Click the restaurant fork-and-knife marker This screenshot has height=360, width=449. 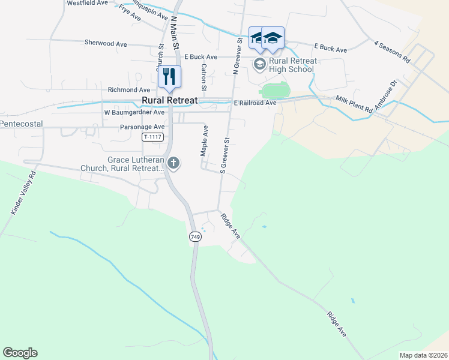click(x=169, y=76)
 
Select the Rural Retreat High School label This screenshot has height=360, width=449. click(x=292, y=65)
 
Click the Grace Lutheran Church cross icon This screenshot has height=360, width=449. click(x=173, y=163)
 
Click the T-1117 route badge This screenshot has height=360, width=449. click(x=152, y=137)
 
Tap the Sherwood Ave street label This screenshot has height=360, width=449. click(x=106, y=43)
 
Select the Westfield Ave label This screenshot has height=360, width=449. click(x=87, y=3)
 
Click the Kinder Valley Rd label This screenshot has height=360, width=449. click(x=24, y=193)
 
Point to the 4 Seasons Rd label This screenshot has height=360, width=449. click(x=391, y=52)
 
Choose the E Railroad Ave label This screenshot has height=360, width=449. click(x=255, y=103)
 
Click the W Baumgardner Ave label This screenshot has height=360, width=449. click(x=134, y=112)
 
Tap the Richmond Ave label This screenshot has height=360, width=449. click(x=128, y=90)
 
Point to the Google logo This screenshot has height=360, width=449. click(x=20, y=353)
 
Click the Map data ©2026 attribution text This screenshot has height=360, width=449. click(x=423, y=355)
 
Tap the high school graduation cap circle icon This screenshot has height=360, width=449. click(x=260, y=64)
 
